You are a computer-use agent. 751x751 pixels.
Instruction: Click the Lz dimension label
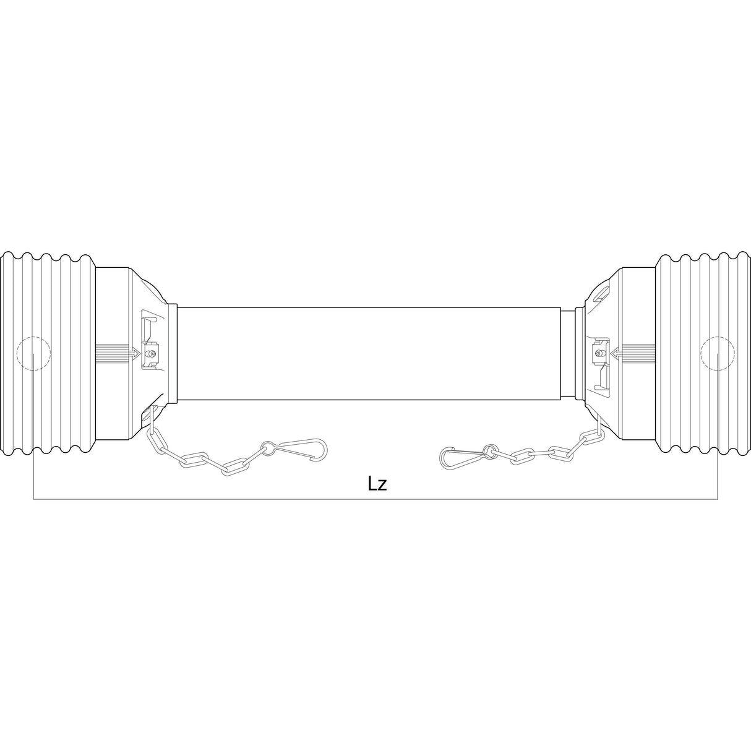tap(377, 483)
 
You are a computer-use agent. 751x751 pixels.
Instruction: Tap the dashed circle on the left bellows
tap(33, 354)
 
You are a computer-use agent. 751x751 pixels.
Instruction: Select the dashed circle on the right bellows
tap(717, 354)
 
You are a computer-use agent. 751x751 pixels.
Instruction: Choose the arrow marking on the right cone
tap(616, 353)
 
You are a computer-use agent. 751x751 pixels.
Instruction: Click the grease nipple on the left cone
tap(151, 354)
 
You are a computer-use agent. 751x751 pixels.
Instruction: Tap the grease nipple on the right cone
tap(599, 353)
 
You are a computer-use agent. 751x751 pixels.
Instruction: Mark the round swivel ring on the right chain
tap(490, 450)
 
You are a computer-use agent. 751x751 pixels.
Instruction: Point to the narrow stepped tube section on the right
tap(569, 353)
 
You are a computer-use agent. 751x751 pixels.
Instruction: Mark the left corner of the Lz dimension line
tap(33, 497)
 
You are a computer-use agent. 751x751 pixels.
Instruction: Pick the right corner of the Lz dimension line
tap(717, 497)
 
